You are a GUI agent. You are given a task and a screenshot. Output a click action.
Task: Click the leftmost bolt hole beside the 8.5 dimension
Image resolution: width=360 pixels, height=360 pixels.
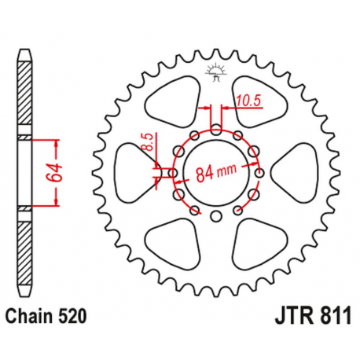click(x=167, y=172)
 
